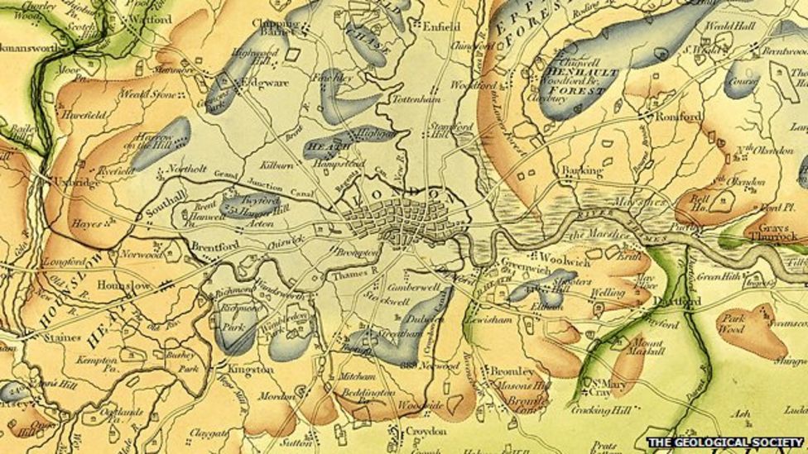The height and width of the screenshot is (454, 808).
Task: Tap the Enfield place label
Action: [440, 26]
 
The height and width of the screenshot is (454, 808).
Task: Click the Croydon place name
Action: [426, 432]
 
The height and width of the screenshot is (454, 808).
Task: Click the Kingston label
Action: [250, 369]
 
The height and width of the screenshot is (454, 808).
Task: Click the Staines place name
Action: [63, 337]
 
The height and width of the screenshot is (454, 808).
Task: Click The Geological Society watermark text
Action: [724, 442]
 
